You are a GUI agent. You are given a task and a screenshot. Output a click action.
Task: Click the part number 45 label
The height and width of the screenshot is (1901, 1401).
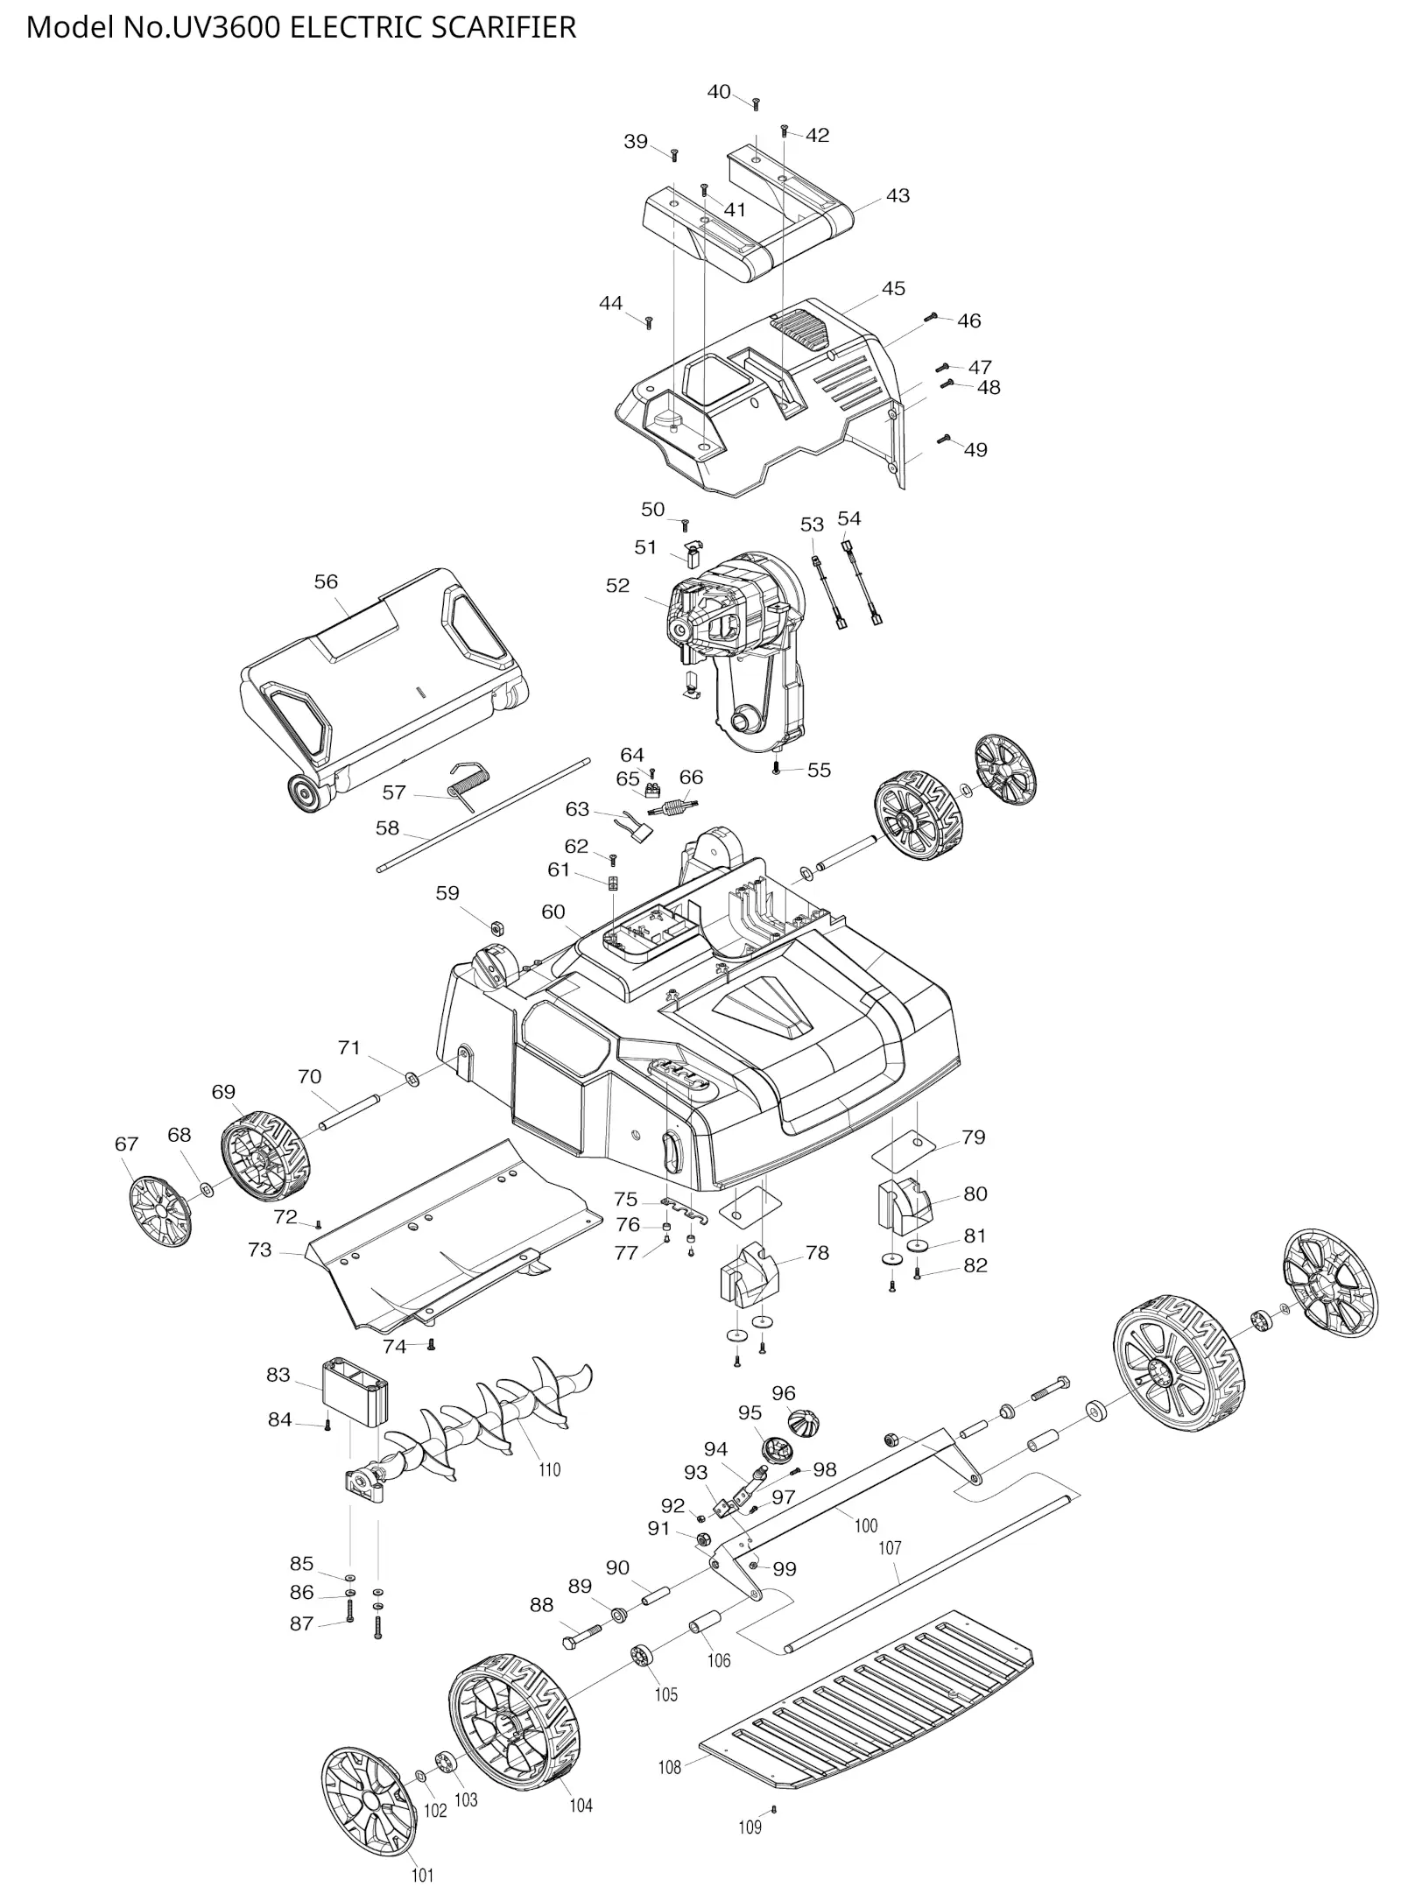point(892,288)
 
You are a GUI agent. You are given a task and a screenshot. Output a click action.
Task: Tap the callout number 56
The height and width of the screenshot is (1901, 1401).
point(326,581)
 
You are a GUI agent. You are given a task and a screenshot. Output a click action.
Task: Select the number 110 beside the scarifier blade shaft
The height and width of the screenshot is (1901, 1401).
point(549,1469)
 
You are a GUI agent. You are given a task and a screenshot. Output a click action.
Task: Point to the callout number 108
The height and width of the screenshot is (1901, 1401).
point(669,1767)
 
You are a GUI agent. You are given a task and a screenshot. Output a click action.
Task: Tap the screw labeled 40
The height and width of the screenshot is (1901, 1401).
point(757,104)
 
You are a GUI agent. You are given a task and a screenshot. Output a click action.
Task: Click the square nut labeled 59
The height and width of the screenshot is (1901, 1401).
point(495,926)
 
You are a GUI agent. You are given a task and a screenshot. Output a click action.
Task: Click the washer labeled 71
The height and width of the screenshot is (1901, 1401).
point(412,1075)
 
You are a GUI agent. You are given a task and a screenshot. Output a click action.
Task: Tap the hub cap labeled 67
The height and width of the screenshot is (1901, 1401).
point(159,1212)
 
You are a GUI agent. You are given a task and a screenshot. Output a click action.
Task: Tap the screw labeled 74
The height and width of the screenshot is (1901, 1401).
point(431,1345)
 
